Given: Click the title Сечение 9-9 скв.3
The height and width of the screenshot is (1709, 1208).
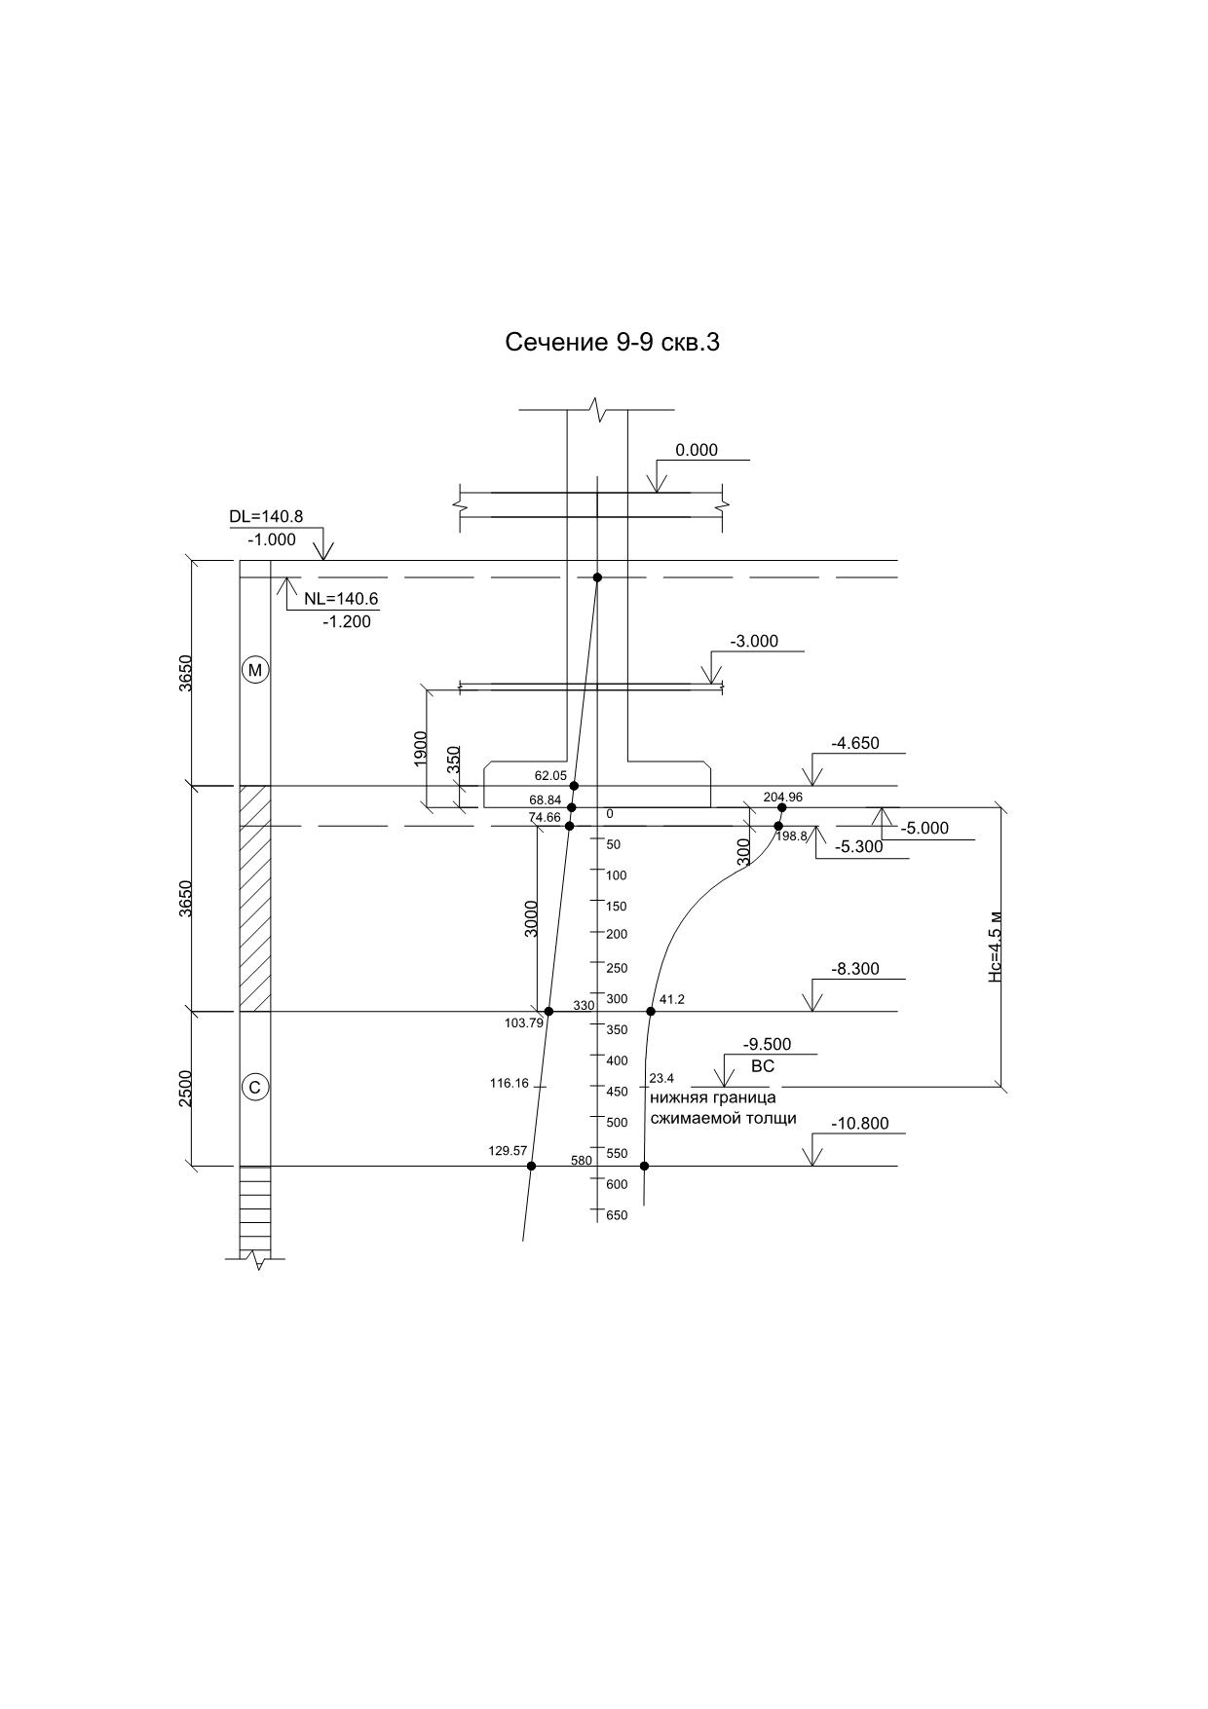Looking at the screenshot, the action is [612, 342].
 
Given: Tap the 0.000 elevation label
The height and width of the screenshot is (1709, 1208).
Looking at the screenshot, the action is [697, 450].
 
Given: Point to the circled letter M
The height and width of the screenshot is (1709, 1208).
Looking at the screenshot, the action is [255, 670].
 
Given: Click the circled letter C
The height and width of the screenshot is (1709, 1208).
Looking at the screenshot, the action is [255, 1087].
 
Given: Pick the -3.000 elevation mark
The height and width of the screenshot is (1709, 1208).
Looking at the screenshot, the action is [755, 642].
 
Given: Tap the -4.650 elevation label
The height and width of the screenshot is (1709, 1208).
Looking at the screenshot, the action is [854, 743].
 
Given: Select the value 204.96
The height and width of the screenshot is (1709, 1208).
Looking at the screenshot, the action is [782, 797].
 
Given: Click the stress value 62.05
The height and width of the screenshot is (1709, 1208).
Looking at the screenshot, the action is [550, 776].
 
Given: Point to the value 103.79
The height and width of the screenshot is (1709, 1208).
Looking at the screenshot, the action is [524, 1022].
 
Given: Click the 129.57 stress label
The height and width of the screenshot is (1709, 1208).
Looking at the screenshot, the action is [508, 1151].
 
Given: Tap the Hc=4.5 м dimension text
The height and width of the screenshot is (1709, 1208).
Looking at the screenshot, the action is [995, 947].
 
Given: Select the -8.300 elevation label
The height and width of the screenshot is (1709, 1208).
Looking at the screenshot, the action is [854, 969].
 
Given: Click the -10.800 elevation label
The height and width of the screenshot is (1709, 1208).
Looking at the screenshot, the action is [860, 1124].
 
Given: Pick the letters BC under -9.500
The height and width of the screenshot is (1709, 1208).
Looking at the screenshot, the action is [763, 1066].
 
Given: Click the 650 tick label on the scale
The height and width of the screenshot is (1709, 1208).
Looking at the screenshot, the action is [617, 1215].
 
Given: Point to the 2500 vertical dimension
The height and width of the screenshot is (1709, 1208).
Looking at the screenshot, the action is [186, 1088].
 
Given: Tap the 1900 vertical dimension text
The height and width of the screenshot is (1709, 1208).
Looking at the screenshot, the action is [420, 748].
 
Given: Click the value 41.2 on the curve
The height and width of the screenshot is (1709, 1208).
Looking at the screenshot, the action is [672, 999].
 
